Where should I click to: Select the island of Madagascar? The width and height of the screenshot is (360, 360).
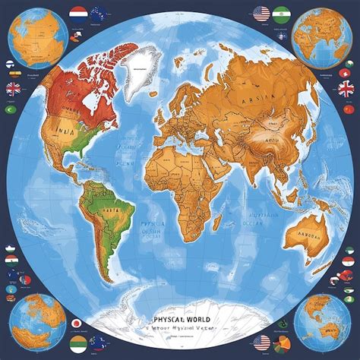tap(218, 220)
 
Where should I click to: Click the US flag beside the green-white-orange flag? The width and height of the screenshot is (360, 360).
tap(262, 13)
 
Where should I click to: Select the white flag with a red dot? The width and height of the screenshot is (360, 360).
tap(77, 324)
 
